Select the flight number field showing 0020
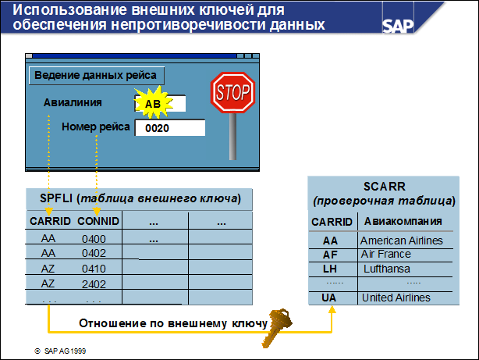(169, 128)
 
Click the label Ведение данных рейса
(96, 75)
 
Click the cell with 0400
(93, 239)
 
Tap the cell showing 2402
(93, 283)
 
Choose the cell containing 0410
(93, 269)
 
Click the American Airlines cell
(401, 241)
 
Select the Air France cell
(385, 254)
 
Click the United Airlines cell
(396, 298)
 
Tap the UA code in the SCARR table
(330, 298)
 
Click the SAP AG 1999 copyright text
(61, 351)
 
